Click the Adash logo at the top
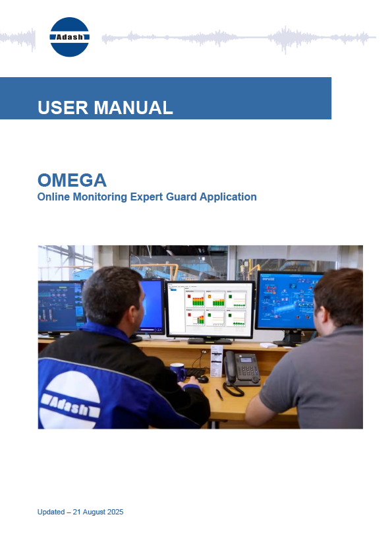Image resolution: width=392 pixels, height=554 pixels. click(70, 37)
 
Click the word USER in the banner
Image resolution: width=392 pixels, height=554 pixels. click(63, 108)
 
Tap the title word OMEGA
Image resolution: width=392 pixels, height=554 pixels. click(72, 179)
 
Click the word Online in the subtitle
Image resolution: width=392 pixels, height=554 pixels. click(54, 197)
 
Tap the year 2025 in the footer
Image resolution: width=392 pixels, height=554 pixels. click(114, 512)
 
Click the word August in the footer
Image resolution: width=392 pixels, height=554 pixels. click(90, 512)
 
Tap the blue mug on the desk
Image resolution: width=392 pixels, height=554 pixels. click(177, 371)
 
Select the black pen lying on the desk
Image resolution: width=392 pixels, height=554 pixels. click(219, 394)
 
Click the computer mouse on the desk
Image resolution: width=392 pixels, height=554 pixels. click(202, 379)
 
